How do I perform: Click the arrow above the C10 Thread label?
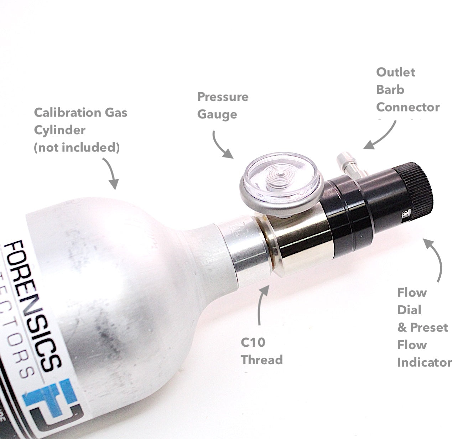click(262, 305)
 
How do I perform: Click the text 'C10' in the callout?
click(253, 342)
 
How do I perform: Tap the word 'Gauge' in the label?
click(217, 115)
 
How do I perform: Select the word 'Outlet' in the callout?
click(395, 72)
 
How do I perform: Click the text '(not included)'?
click(77, 147)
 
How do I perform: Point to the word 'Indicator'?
click(424, 362)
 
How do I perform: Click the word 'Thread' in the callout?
click(262, 360)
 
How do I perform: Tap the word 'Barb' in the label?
click(390, 89)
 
